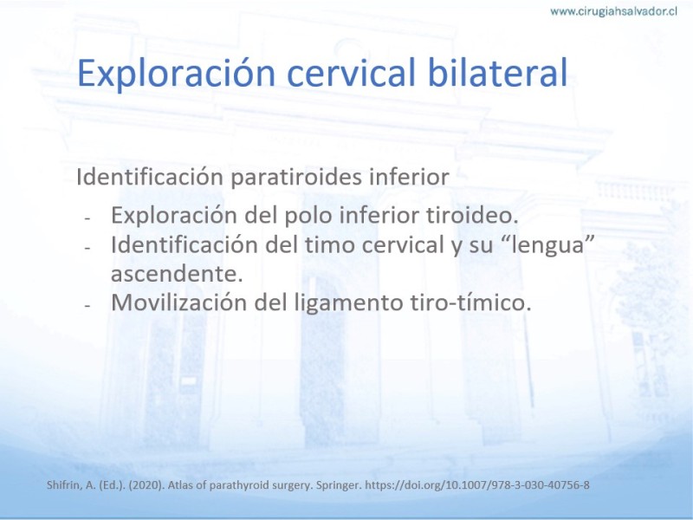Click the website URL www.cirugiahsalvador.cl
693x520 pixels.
point(613,11)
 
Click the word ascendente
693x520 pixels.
point(177,274)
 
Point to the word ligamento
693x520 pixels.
point(349,303)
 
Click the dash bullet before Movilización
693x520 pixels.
point(87,306)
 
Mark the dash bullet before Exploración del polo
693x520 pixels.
point(87,218)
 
